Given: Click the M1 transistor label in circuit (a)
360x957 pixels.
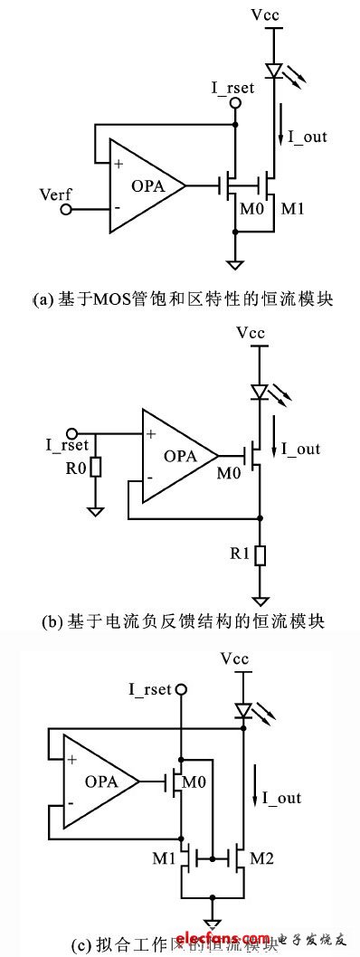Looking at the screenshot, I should tap(292, 210).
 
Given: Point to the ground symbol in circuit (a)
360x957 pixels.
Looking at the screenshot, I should tap(235, 264).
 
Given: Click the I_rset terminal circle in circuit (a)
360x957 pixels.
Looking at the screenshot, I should tap(235, 104).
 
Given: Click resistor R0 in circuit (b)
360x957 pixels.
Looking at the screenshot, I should tap(94, 468).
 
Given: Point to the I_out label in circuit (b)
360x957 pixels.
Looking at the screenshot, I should tap(299, 448).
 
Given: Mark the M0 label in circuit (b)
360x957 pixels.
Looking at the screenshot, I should tap(230, 471).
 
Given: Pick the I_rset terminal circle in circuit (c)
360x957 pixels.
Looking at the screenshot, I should tap(181, 690).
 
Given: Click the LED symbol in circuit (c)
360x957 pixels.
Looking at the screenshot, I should tap(242, 710).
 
